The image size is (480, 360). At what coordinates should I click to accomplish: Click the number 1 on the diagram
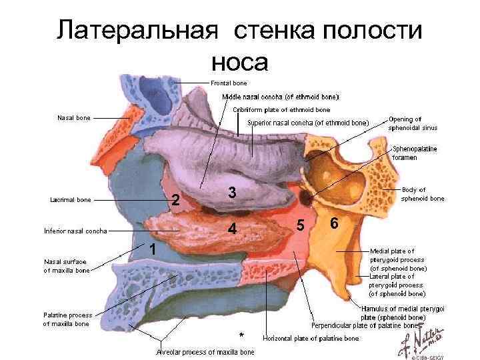[x=153, y=249]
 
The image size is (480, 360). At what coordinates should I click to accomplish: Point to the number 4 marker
[x=231, y=229]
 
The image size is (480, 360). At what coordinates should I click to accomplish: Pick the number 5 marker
[x=301, y=225]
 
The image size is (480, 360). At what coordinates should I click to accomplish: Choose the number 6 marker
[x=334, y=223]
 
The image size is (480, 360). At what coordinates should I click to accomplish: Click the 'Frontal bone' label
[x=229, y=83]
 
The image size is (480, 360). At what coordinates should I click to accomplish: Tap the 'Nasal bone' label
[x=74, y=118]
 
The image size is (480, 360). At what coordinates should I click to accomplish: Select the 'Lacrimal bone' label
[x=71, y=199]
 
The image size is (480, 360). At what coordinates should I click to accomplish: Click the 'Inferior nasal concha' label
[x=75, y=231]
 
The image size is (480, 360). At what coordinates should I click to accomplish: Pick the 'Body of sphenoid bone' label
[x=422, y=194]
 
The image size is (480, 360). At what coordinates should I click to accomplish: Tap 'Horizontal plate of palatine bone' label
[x=311, y=339]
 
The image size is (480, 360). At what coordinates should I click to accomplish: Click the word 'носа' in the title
[x=239, y=61]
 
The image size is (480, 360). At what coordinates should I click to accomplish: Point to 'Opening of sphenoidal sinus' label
[x=413, y=123]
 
